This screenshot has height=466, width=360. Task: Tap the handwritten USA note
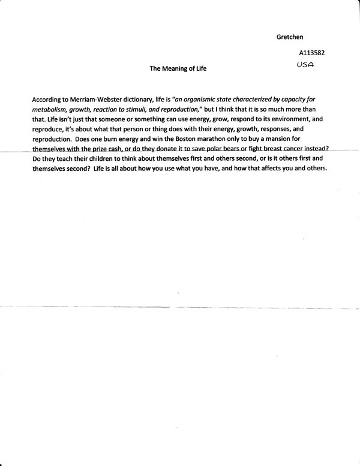tap(307, 64)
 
